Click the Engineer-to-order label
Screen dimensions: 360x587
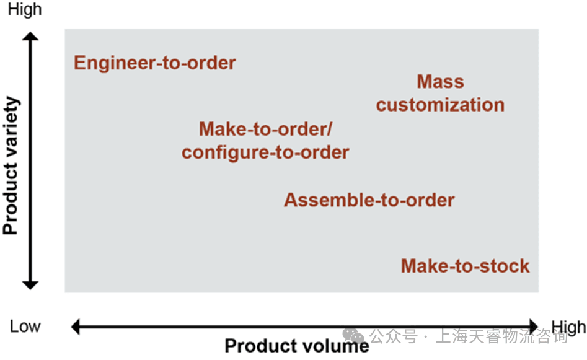tap(155, 63)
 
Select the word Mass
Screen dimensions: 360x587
tap(440, 82)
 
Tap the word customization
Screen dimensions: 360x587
tap(440, 105)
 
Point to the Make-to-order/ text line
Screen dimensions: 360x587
tap(265, 129)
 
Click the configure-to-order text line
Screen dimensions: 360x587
tap(265, 152)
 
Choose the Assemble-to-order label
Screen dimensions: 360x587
tap(369, 200)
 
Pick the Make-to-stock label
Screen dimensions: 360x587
tap(465, 266)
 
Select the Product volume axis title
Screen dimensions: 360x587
tap(296, 345)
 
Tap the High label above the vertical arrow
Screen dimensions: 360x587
tap(25, 9)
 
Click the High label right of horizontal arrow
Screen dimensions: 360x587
tap(568, 327)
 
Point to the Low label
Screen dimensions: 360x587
tap(25, 327)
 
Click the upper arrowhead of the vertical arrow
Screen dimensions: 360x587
tap(30, 38)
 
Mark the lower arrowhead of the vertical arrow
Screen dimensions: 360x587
tap(30, 284)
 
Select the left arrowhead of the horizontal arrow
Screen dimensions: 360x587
tap(76, 326)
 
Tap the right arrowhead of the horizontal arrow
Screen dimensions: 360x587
tap(533, 326)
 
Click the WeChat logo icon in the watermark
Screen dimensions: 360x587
tap(354, 336)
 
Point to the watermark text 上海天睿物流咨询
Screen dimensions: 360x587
tap(501, 337)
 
